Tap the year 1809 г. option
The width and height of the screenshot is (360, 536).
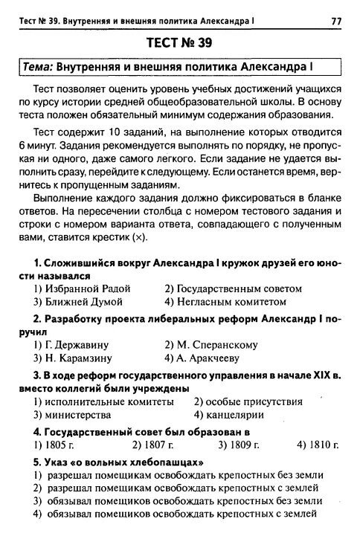coord(239,445)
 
